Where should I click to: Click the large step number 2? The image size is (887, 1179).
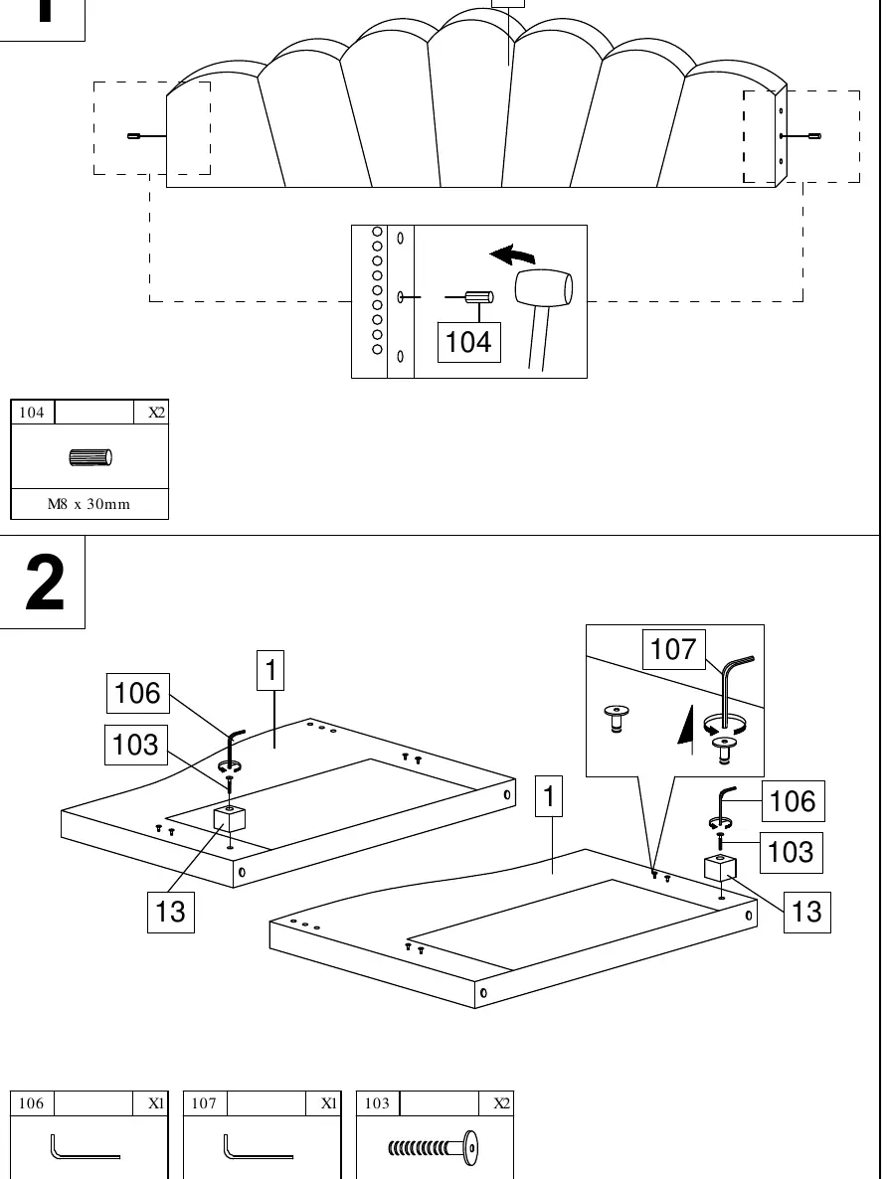click(x=45, y=583)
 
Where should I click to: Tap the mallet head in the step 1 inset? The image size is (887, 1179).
click(x=544, y=288)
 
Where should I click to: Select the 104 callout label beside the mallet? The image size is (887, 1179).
click(x=468, y=342)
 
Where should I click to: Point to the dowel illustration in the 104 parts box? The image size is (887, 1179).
click(x=90, y=457)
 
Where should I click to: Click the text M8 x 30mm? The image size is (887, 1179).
click(x=89, y=504)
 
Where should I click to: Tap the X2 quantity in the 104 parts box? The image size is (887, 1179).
click(x=156, y=412)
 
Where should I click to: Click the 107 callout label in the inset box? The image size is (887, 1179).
click(x=673, y=649)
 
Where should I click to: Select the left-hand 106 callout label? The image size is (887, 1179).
click(x=137, y=693)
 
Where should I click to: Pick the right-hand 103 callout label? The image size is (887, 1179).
click(x=791, y=853)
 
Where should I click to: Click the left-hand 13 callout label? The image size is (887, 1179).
click(x=171, y=912)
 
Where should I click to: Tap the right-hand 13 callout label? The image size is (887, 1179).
click(x=807, y=912)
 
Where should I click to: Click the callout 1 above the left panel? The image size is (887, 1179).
click(x=270, y=670)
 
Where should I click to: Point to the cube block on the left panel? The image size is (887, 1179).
click(x=230, y=817)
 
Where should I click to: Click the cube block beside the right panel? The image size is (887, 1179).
click(x=720, y=868)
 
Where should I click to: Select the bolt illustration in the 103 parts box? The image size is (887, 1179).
click(x=434, y=1147)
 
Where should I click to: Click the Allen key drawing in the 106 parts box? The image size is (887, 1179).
click(x=85, y=1147)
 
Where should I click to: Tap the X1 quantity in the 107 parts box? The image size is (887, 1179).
click(x=329, y=1103)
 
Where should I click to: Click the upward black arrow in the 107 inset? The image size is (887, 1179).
click(x=685, y=729)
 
